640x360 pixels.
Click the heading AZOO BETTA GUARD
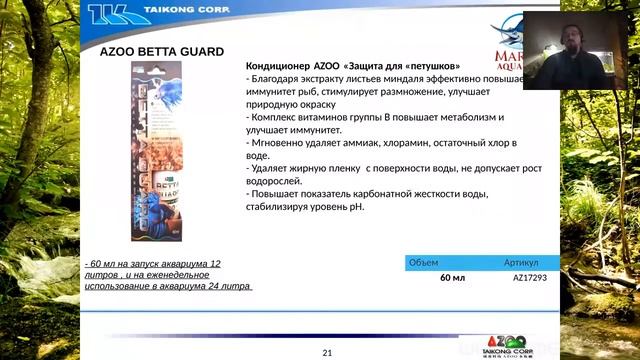162,51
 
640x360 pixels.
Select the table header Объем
425,262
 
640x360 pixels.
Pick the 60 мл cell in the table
453,278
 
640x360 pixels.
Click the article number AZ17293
530,278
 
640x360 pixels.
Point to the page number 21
327,353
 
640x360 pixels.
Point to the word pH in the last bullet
357,208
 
